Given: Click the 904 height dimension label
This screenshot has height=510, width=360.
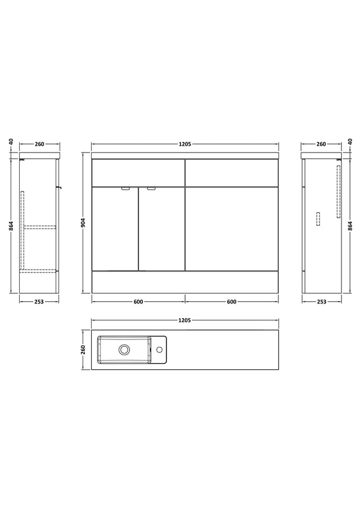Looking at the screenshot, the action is tap(83, 222).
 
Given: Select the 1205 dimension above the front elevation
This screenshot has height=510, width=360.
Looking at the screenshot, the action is tap(185, 144).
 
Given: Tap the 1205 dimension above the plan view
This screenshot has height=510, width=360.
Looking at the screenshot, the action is tap(184, 320).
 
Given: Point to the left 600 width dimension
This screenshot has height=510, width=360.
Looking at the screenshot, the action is tap(138, 302).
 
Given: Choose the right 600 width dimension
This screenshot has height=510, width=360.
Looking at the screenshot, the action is tap(232, 302).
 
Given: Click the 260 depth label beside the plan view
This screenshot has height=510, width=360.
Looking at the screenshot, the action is tap(83, 350).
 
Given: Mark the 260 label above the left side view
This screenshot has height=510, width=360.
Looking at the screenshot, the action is tap(39, 144).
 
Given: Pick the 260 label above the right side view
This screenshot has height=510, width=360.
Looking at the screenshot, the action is tap(321, 144).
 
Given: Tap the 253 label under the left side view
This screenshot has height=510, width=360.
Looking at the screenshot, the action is tap(39, 302).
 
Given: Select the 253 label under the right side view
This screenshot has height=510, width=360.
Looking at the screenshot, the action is tap(321, 302).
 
